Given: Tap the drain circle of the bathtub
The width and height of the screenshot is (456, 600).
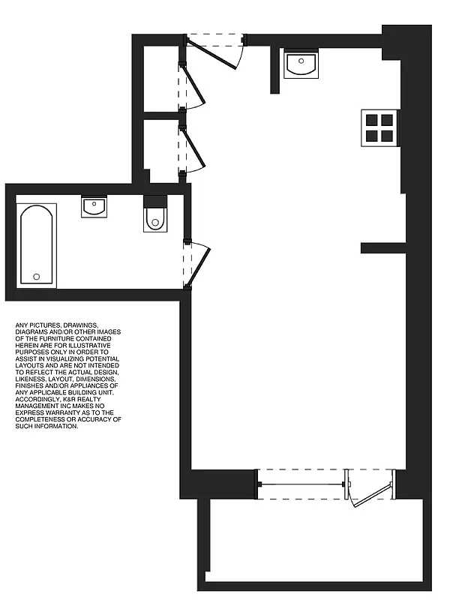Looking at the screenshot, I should (37, 277).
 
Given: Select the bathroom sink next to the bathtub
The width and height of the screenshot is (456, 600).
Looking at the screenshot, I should (94, 207).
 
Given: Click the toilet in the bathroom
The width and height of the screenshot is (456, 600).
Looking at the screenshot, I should (154, 214).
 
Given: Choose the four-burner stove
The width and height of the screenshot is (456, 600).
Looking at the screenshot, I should (378, 127).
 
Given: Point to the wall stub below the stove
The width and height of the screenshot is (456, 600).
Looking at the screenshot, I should (382, 248).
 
